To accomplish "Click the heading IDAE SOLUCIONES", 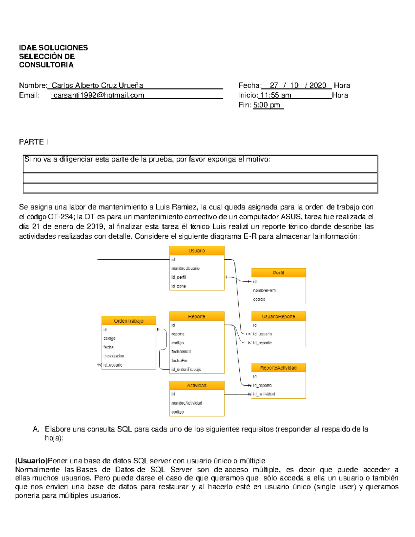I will (x=53, y=48).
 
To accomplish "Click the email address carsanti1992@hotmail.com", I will (x=99, y=95).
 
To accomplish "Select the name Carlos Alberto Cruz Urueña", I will (x=97, y=85).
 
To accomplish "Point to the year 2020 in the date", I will (x=317, y=85).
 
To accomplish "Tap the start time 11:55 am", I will (x=276, y=95).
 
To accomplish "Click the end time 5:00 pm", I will (x=267, y=105).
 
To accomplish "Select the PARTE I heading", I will (x=34, y=142).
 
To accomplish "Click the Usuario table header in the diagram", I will (x=197, y=251).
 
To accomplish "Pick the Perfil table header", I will (x=278, y=273).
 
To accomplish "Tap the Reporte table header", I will (x=197, y=316).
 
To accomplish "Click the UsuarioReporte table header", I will (x=278, y=316).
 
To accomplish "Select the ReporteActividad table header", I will (x=278, y=368).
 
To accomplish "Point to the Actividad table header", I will (x=197, y=386).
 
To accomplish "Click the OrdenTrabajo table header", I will (x=129, y=321).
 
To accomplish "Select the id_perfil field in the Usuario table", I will (x=179, y=277).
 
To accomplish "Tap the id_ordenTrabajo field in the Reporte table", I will (x=186, y=369).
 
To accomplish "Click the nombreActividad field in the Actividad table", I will (x=187, y=403).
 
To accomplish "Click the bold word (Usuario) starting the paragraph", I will (x=31, y=461).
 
